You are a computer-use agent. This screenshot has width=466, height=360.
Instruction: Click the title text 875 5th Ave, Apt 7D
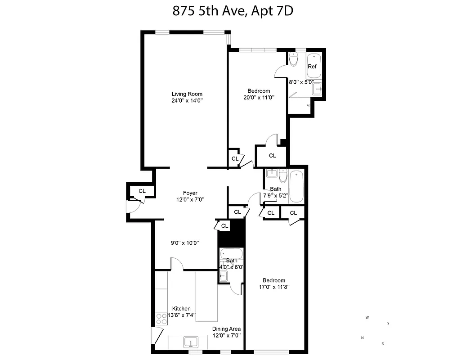[233, 10]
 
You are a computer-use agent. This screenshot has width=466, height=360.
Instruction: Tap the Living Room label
[187, 94]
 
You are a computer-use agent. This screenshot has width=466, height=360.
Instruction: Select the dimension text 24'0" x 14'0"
[187, 101]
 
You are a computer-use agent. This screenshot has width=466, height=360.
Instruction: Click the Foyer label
[190, 193]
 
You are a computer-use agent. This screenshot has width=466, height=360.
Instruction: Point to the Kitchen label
[181, 309]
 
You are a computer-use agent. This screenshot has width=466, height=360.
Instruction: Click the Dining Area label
[226, 329]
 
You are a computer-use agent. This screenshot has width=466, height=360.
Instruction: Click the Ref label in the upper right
[312, 67]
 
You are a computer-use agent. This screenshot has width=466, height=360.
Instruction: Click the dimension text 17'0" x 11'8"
[274, 287]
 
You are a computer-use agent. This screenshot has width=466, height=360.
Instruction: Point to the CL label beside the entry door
[142, 191]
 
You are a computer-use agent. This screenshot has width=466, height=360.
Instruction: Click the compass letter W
[367, 317]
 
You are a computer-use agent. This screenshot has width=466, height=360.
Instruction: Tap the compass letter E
[383, 344]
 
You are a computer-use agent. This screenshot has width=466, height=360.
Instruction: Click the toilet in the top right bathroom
[294, 59]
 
